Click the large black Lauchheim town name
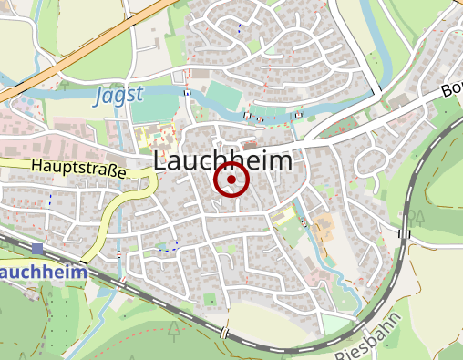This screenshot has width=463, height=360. [x=224, y=160]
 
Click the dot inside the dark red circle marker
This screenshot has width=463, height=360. [x=231, y=180]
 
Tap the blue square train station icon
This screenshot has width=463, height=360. [x=37, y=249]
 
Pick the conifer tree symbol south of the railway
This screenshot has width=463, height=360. [x=173, y=332]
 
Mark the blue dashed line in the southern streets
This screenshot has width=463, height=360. [x=167, y=246]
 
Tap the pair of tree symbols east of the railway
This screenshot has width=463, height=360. [x=416, y=215]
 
